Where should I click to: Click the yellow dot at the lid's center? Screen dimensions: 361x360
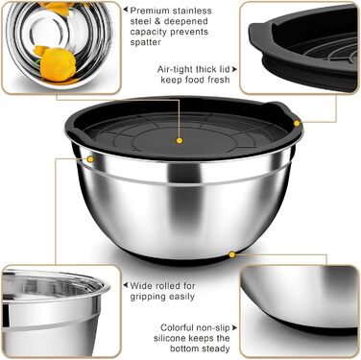[180, 140]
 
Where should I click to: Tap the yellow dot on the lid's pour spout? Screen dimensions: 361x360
[297, 123]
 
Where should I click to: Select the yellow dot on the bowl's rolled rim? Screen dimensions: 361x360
[90, 159]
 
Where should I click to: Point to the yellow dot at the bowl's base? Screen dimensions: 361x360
[232, 254]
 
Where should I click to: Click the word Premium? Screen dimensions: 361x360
[150, 11]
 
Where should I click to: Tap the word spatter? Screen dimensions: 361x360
[145, 42]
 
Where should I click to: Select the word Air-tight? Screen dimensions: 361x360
[175, 69]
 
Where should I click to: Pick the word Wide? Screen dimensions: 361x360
[141, 285]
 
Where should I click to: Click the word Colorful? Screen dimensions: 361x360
[177, 327]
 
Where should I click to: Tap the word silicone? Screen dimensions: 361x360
[169, 338]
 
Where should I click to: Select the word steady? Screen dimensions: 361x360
[215, 348]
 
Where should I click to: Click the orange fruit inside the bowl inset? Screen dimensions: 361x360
[57, 64]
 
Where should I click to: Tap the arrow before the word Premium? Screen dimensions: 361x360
[126, 10]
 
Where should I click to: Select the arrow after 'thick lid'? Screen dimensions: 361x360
[234, 69]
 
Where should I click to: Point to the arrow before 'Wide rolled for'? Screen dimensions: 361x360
[126, 285]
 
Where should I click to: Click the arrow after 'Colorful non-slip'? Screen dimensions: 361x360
[234, 327]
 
